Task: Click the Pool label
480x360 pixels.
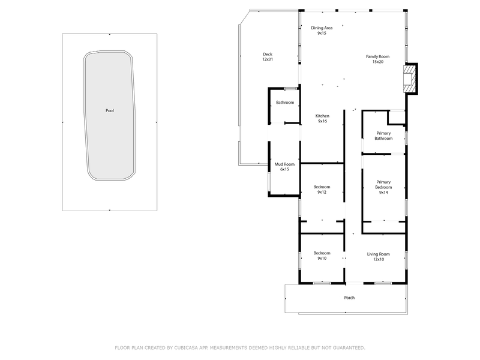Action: [110, 110]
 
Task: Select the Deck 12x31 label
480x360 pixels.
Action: [268, 56]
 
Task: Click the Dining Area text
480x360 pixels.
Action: [322, 28]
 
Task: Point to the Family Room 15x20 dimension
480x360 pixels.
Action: [378, 62]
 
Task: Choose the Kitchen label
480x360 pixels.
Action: [322, 116]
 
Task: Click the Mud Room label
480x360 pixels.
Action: [284, 164]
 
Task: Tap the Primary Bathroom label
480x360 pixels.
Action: [383, 136]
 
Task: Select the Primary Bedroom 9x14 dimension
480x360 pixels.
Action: [383, 193]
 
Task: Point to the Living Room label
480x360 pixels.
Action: [379, 254]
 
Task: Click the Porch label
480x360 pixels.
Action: [349, 298]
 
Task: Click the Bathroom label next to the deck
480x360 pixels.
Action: [285, 102]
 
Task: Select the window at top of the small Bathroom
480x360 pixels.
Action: [291, 89]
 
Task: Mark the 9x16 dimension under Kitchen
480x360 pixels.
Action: [322, 121]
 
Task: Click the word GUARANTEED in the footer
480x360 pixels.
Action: [349, 348]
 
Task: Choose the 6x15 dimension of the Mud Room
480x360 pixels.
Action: [284, 169]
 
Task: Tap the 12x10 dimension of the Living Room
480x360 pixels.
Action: [379, 259]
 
